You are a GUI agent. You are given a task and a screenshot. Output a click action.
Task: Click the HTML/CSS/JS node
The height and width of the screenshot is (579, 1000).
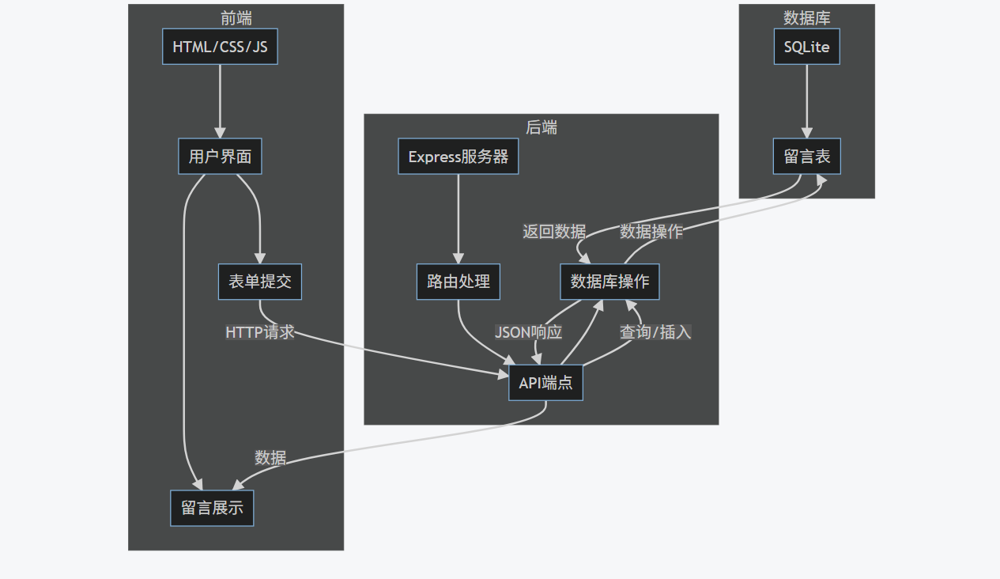pyautogui.click(x=220, y=47)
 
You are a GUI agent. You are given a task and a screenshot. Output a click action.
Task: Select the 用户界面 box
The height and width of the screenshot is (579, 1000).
pyautogui.click(x=220, y=157)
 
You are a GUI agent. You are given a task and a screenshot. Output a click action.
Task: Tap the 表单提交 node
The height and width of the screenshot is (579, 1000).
pyautogui.click(x=259, y=282)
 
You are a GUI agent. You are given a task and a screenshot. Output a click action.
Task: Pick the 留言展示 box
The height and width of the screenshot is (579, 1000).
pyautogui.click(x=212, y=508)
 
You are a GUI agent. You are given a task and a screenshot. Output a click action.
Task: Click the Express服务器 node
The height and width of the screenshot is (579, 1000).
pyautogui.click(x=458, y=157)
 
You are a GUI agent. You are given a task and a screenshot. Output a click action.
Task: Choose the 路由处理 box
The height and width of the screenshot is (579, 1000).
pyautogui.click(x=458, y=282)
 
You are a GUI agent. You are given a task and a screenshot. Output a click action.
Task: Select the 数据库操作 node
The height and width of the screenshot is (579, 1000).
pyautogui.click(x=609, y=282)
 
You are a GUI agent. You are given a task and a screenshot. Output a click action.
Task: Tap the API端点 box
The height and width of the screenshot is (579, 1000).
pyautogui.click(x=545, y=384)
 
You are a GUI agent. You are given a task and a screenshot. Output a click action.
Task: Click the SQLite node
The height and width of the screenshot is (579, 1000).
pyautogui.click(x=806, y=47)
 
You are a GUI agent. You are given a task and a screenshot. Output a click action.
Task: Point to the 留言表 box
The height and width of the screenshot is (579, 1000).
pyautogui.click(x=806, y=157)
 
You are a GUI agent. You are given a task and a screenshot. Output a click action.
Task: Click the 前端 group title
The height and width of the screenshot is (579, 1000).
pyautogui.click(x=236, y=17)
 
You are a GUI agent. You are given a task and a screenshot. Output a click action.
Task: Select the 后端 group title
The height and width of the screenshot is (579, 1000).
pyautogui.click(x=542, y=127)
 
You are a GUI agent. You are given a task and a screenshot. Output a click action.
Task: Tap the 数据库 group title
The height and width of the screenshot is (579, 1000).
pyautogui.click(x=806, y=17)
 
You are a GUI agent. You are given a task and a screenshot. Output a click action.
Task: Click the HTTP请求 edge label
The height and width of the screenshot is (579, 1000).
pyautogui.click(x=260, y=332)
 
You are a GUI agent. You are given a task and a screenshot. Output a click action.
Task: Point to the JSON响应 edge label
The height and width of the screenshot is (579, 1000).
pyautogui.click(x=528, y=332)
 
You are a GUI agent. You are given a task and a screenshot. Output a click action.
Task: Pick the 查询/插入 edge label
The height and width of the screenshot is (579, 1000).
pyautogui.click(x=655, y=332)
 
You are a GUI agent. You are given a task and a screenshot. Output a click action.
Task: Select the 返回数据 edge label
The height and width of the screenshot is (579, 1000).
pyautogui.click(x=554, y=232)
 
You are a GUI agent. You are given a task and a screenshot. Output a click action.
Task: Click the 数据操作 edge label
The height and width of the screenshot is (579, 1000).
pyautogui.click(x=651, y=232)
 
